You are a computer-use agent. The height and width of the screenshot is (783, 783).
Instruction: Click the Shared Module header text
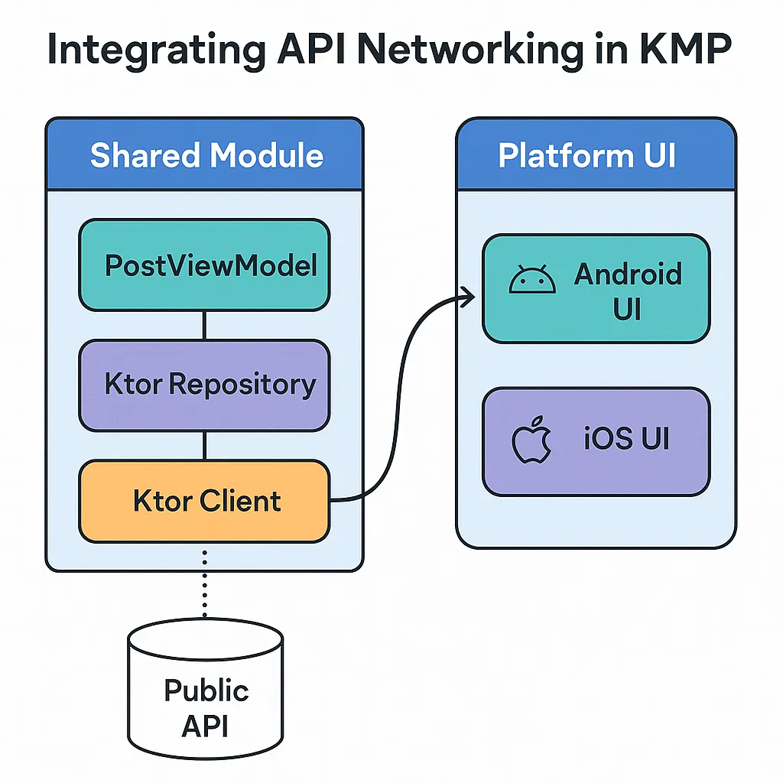(206, 155)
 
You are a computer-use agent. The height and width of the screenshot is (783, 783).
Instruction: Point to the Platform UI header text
(587, 155)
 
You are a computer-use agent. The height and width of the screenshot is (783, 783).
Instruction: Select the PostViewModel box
(204, 265)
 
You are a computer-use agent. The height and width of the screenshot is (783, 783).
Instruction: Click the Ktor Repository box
(204, 385)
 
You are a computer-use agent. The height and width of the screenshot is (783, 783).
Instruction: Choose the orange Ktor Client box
(204, 502)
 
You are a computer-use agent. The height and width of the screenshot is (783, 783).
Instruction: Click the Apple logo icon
(531, 441)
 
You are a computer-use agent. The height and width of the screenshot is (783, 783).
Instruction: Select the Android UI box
(596, 288)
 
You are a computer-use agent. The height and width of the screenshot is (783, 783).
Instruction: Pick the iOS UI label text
(625, 440)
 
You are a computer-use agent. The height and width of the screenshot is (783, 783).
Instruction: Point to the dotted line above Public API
(205, 581)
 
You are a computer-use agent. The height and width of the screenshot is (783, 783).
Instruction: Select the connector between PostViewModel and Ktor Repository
(204, 325)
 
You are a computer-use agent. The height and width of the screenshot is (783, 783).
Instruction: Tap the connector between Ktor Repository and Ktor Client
(204, 445)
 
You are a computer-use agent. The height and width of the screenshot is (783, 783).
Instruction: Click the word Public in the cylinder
(206, 690)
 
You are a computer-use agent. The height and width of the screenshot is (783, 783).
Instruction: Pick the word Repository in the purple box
(242, 385)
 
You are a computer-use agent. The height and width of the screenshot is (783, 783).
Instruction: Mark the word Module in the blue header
(266, 155)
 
